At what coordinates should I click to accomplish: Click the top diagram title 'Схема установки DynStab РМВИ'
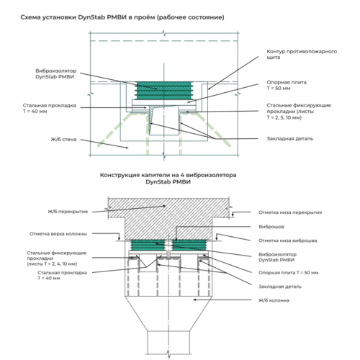coord(73,17)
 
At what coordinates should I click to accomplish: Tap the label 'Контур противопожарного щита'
coord(302,54)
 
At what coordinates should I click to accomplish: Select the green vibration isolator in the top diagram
coord(164,91)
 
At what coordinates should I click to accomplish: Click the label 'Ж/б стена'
coord(63,140)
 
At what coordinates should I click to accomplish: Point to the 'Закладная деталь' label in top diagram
coord(290,139)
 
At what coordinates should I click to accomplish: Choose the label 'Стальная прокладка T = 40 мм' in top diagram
coord(50,108)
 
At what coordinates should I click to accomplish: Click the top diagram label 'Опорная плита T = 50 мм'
coord(287,85)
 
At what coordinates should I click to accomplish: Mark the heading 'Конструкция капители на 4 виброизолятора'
coord(168,175)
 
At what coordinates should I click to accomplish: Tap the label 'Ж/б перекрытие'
coord(68,212)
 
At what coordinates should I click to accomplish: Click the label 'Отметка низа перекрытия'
coord(290,212)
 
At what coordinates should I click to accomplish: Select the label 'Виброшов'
coord(271,227)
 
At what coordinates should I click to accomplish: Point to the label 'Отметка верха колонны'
coord(58,234)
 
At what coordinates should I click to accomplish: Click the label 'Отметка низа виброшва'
coord(288,240)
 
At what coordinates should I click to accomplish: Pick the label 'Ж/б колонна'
coord(274,300)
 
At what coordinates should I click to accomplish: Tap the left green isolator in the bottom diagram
coord(148,245)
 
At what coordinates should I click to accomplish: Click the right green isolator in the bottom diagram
coord(189,245)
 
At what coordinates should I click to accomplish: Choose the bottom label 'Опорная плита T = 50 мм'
coord(289,273)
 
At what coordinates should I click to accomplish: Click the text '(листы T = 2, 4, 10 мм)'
coord(52,264)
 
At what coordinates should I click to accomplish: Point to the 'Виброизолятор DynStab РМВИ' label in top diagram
coord(56,73)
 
